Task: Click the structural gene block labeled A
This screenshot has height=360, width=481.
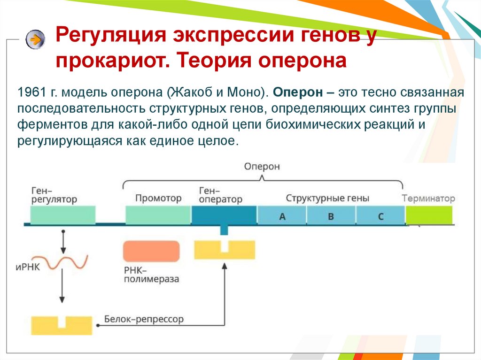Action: pos(282,216)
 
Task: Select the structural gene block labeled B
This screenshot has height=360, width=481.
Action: pos(331,216)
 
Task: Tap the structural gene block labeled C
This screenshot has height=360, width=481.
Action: pos(380,216)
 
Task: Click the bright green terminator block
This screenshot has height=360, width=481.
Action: pos(429,215)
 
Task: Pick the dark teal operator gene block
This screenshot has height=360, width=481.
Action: pos(224,215)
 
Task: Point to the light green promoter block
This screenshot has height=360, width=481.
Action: pos(158,215)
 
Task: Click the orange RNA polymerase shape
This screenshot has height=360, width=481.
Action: pos(151,252)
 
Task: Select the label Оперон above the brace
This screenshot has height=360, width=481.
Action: pos(262,167)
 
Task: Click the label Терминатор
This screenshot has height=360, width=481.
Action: pos(428,198)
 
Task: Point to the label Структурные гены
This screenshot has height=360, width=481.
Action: pos(327,198)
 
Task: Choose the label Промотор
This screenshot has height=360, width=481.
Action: pos(158,198)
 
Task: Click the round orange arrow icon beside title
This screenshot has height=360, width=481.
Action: pos(35,40)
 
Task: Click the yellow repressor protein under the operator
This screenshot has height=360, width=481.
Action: pos(225,250)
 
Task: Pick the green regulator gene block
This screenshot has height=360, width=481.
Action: pos(63,215)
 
